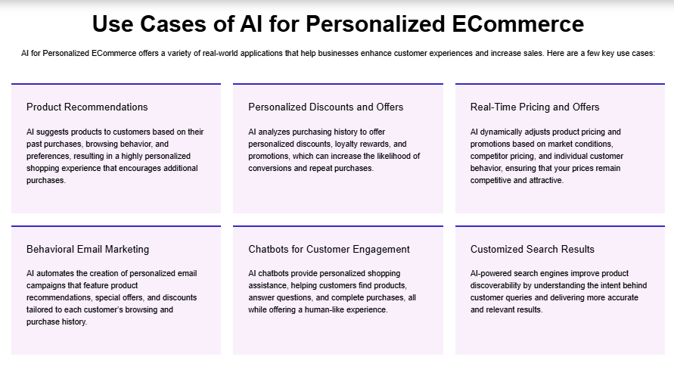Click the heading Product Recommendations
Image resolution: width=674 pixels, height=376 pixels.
87,107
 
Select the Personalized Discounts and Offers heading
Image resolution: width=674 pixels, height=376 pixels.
326,107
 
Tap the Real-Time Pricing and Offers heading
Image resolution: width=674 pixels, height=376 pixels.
535,107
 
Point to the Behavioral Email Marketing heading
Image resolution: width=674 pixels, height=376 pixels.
88,249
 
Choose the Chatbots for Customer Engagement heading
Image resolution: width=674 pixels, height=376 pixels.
329,249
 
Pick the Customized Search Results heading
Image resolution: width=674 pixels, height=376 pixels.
533,249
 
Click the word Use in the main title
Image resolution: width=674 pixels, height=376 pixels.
112,24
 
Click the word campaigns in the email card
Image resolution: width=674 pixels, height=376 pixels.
46,285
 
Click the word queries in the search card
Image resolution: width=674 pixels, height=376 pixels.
522,297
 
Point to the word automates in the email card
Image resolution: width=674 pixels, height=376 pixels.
55,273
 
